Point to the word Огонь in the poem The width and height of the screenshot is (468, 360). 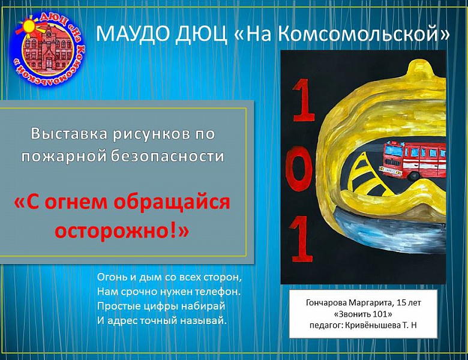pyautogui.click(x=112, y=278)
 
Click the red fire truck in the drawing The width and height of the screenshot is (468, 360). pyautogui.click(x=413, y=159)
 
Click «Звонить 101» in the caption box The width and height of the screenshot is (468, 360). pyautogui.click(x=362, y=314)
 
